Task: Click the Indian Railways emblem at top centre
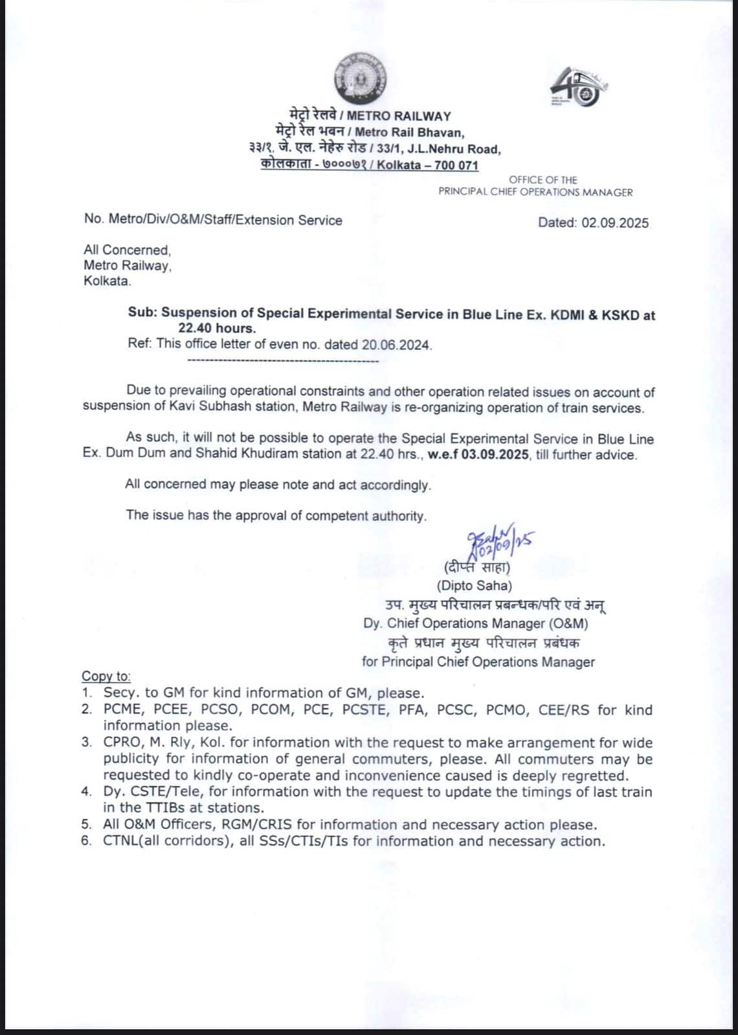coord(359,78)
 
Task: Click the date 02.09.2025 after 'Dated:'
coord(614,223)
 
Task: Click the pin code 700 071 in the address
coord(456,165)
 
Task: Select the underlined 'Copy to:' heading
coord(106,676)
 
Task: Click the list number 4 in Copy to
coord(86,792)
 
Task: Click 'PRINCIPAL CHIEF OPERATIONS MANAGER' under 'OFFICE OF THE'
coord(535,192)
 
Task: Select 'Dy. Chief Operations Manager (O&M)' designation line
coord(476,624)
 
